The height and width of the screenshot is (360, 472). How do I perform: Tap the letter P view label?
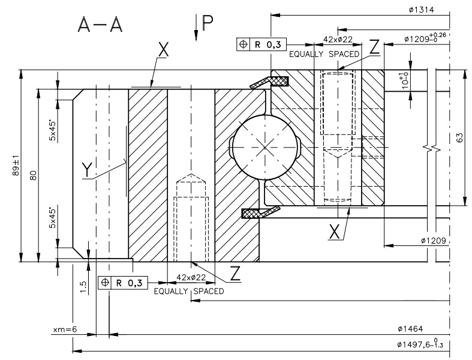(x=207, y=23)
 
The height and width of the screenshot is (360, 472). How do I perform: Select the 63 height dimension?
(x=460, y=138)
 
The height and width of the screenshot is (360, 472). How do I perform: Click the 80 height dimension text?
(x=34, y=175)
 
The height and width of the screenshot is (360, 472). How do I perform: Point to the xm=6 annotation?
(x=65, y=329)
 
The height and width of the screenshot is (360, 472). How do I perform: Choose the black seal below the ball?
(x=259, y=211)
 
